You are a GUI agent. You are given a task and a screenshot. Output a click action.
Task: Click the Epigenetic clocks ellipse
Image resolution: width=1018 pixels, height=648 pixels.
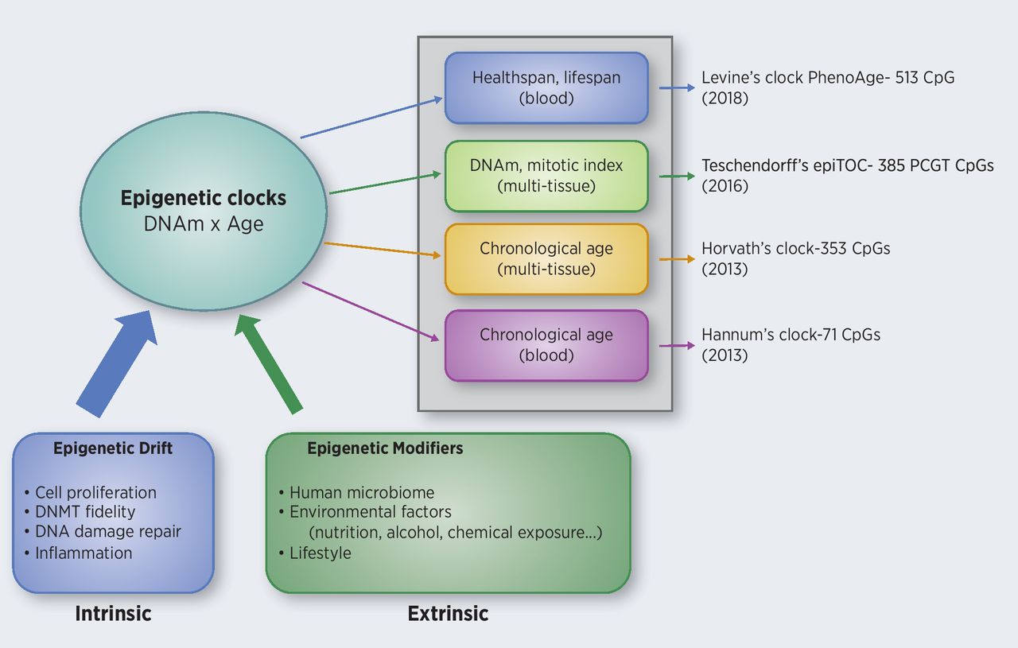[x=204, y=210]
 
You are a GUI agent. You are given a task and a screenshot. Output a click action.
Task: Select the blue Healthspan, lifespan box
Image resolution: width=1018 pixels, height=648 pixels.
[x=546, y=88]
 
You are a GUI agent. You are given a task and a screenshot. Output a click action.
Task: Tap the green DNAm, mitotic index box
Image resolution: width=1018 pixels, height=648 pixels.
[x=546, y=176]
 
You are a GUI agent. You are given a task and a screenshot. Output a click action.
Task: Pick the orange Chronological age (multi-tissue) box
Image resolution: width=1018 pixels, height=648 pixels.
[x=546, y=258]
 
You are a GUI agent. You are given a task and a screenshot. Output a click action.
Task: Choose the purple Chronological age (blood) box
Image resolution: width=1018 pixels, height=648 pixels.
[x=546, y=345]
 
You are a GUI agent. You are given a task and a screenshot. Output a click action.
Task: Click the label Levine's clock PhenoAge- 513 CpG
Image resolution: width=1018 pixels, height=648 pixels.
[x=827, y=78]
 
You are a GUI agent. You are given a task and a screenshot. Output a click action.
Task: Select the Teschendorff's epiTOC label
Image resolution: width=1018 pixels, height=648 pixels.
[x=847, y=165]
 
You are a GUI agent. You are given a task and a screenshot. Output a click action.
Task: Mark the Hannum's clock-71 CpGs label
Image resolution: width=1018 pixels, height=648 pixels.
[x=791, y=335]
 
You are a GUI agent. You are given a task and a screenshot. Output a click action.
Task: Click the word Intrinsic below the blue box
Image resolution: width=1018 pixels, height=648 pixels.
[x=113, y=613]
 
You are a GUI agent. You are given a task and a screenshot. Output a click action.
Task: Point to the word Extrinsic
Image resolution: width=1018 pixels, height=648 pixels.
[x=448, y=613]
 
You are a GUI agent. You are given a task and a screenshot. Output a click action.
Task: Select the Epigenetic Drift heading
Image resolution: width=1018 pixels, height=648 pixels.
[x=113, y=448]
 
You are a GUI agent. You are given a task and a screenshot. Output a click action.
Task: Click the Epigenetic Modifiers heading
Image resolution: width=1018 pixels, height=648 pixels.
[x=385, y=448]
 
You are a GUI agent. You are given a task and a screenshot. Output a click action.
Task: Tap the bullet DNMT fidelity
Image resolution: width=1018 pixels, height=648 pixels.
[x=85, y=512]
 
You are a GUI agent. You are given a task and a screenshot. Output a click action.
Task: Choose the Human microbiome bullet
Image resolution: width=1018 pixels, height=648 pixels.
[x=362, y=493]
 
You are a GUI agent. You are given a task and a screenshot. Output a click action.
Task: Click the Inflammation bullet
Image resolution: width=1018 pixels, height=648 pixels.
[x=84, y=553]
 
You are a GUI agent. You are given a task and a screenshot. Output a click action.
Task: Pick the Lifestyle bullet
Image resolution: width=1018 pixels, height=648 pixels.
[x=320, y=553]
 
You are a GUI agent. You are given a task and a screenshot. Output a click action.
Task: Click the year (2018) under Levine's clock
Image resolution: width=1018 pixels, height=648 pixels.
[x=725, y=99]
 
